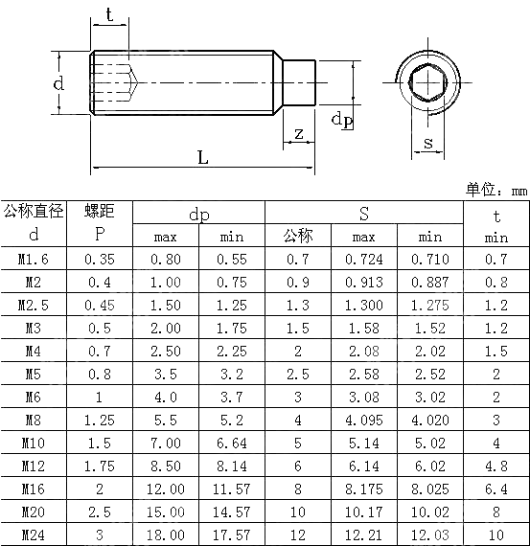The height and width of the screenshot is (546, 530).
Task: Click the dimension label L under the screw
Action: pos(203,157)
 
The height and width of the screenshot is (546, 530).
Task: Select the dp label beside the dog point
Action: pos(341,119)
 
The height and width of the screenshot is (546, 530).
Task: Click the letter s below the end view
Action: pos(427,143)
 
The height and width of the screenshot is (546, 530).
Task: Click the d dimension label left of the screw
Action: pos(58,83)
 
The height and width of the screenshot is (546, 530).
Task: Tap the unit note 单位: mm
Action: pos(496,191)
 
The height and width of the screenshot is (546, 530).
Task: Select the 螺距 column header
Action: pos(99,211)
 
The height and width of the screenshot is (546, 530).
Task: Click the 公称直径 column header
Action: pos(34,211)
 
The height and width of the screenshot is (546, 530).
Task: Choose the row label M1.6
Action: pos(34,259)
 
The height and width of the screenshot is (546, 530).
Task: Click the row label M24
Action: pos(34,535)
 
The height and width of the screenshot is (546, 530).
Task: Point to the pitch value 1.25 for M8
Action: pos(99,420)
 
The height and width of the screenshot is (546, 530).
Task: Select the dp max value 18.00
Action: pos(165,535)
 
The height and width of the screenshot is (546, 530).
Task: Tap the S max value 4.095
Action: pos(364,420)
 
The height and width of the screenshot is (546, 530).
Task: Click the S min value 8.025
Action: pos(430,489)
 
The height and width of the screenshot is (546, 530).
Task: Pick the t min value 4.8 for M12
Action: pos(496,466)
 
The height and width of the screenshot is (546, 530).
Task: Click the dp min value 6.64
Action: pos(232,443)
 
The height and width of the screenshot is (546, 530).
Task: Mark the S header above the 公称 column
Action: pos(364,213)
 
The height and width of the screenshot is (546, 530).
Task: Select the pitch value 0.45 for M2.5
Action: pos(99,305)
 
